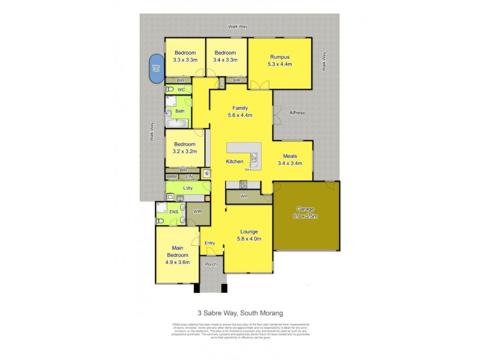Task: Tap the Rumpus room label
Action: (x=280, y=57)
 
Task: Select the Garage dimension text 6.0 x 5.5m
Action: (x=304, y=216)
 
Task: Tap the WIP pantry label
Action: (x=244, y=196)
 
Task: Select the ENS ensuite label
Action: (x=173, y=211)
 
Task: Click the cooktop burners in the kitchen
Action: (x=244, y=184)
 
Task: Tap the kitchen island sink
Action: (x=254, y=159)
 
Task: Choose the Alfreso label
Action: (x=298, y=112)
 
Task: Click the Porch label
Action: (x=211, y=264)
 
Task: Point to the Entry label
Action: (x=210, y=242)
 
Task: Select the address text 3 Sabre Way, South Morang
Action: (x=240, y=312)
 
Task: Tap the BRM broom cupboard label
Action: (x=172, y=176)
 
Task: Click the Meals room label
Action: (x=290, y=155)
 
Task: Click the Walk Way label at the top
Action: (x=238, y=26)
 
